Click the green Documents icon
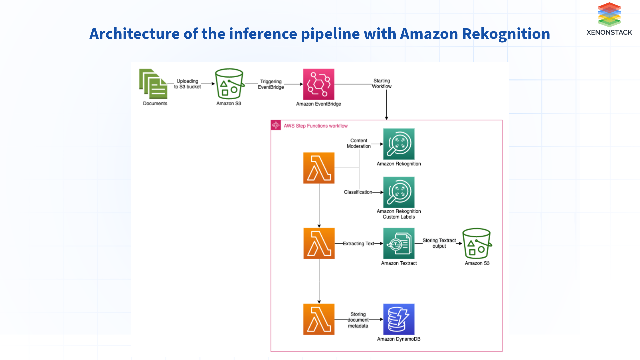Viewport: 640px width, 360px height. (x=153, y=84)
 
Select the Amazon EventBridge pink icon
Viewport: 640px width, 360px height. (x=318, y=84)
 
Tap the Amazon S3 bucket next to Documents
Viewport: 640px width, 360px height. (x=229, y=84)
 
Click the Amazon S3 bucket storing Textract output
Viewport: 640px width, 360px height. (x=477, y=244)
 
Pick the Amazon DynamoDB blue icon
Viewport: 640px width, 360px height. (x=399, y=319)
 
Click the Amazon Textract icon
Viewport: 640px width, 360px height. (x=399, y=244)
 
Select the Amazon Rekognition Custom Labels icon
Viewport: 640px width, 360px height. (x=399, y=192)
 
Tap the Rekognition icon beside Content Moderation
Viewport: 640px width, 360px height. (x=399, y=144)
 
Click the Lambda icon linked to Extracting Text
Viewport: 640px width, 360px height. (x=319, y=244)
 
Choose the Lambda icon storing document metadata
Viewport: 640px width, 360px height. (x=319, y=319)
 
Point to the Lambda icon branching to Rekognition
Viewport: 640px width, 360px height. (x=319, y=168)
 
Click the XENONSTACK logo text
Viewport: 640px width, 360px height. (x=609, y=32)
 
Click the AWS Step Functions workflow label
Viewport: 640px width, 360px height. (x=315, y=126)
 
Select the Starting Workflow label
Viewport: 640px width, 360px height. (x=382, y=83)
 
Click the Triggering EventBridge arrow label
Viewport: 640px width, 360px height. (x=271, y=84)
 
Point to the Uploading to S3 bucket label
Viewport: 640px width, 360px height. (x=187, y=84)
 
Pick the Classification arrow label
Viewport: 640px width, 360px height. (x=358, y=192)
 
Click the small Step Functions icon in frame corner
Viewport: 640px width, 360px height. (x=276, y=125)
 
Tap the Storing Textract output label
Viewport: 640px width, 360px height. (x=439, y=243)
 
